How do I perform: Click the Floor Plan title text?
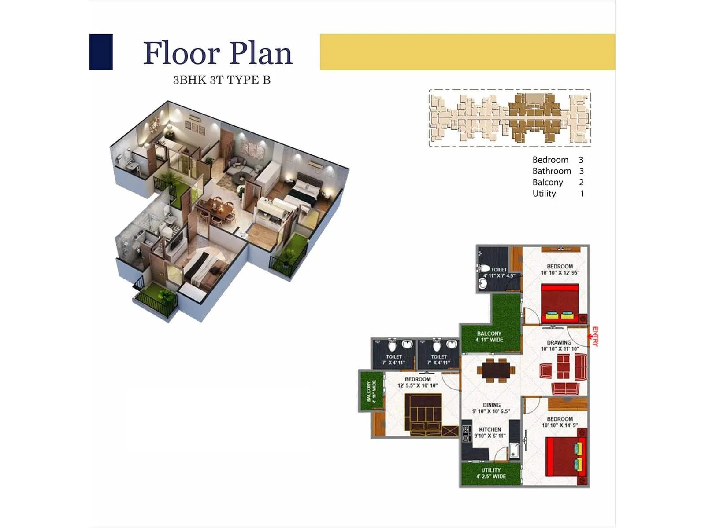click(x=218, y=53)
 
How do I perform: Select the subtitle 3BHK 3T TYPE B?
click(x=222, y=80)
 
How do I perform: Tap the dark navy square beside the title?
click(x=101, y=52)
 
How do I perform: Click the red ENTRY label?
click(x=595, y=337)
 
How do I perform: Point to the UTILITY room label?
click(x=491, y=473)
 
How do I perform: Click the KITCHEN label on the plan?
click(x=490, y=433)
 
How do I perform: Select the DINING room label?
click(x=491, y=408)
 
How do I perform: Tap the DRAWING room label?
click(x=559, y=345)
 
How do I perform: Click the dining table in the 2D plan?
click(x=496, y=369)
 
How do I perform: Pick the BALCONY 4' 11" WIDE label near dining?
click(x=489, y=337)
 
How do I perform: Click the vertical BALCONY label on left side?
click(x=371, y=391)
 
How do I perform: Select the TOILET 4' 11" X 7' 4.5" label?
click(x=499, y=273)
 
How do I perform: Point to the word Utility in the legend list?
click(x=544, y=194)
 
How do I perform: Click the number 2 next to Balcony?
click(x=581, y=182)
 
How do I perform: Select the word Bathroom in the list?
click(x=552, y=171)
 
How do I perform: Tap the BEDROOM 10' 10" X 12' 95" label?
click(x=560, y=269)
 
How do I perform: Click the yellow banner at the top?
click(x=467, y=52)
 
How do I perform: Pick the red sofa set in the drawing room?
click(x=564, y=372)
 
